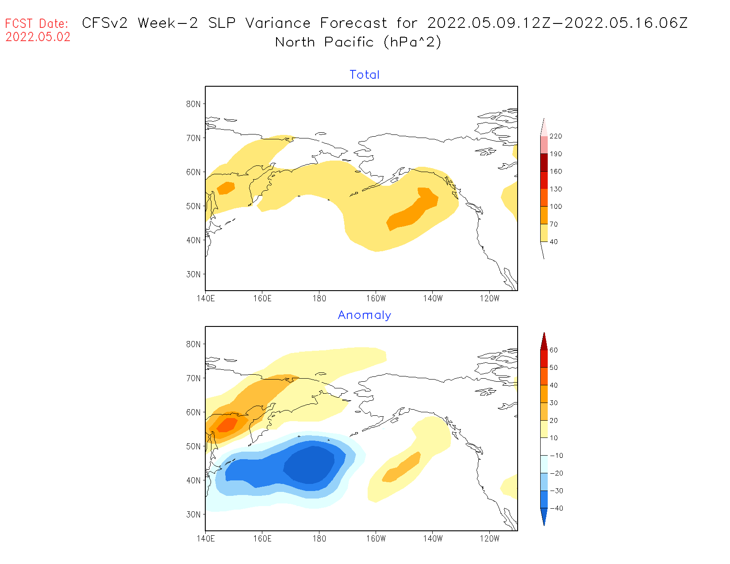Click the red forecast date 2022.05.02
click(x=38, y=37)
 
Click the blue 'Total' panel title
click(x=364, y=75)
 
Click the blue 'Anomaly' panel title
click(x=364, y=315)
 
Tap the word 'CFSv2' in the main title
click(x=105, y=23)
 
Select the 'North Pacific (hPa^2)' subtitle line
click(x=358, y=42)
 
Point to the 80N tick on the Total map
click(x=193, y=104)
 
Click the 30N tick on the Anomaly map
click(x=193, y=514)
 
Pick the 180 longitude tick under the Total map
click(x=319, y=299)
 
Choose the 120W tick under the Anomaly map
click(x=489, y=539)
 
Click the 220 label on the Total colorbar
click(x=556, y=136)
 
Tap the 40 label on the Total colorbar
click(x=553, y=242)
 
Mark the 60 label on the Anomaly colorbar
click(x=553, y=350)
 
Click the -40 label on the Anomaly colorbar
click(x=556, y=508)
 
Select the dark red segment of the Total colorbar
click(x=544, y=162)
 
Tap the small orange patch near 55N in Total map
click(x=226, y=188)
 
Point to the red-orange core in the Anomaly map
click(x=227, y=424)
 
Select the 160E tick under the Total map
click(x=262, y=299)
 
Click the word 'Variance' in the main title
click(x=278, y=23)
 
